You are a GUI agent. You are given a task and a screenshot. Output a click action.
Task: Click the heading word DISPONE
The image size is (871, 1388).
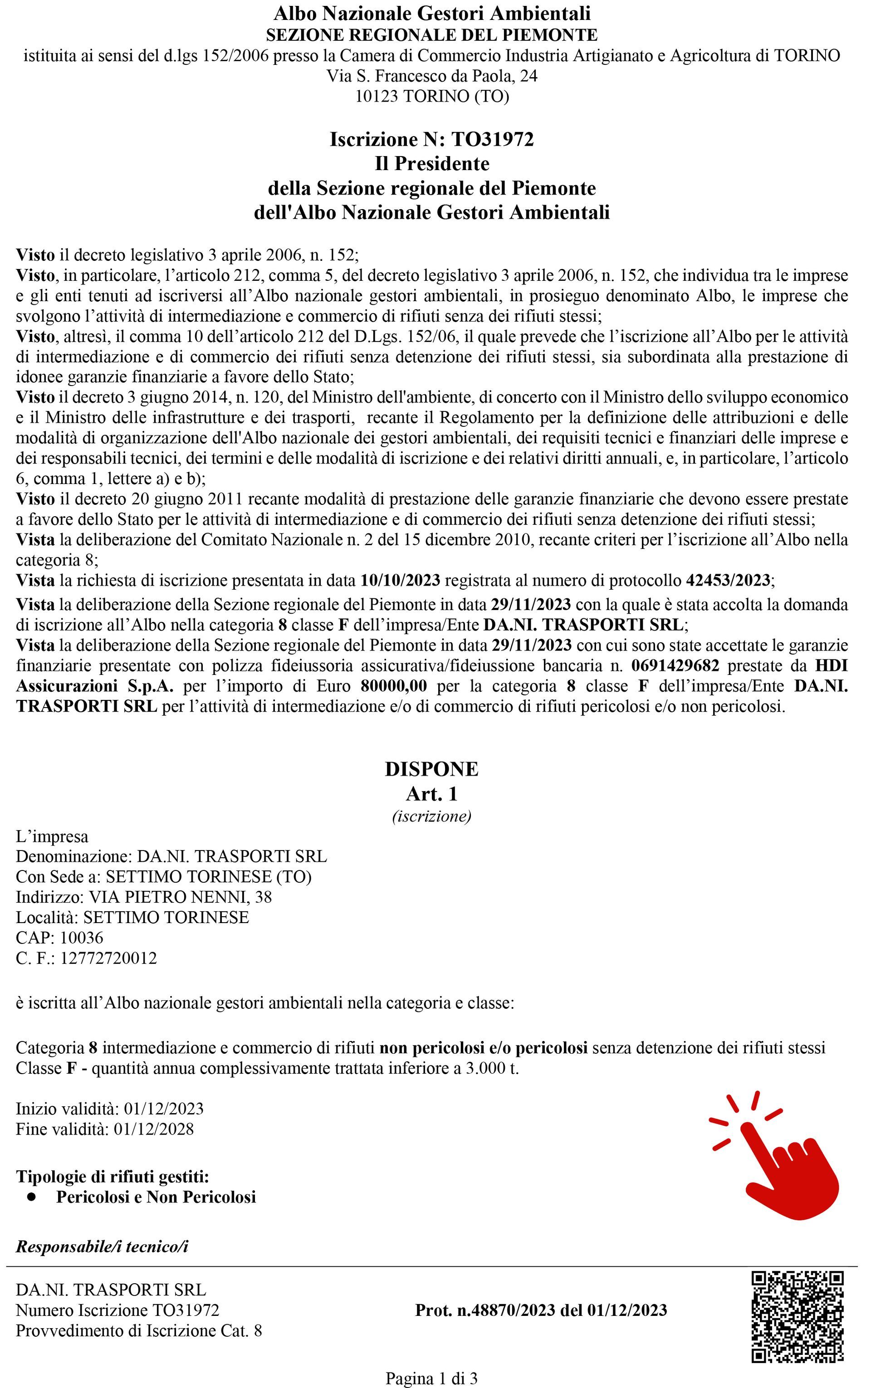(431, 769)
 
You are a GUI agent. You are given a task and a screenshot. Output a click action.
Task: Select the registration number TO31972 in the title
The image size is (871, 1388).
(493, 139)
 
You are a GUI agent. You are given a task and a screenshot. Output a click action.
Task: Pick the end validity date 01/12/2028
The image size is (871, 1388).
(154, 1129)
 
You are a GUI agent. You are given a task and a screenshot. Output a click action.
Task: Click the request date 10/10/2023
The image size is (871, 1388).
(401, 580)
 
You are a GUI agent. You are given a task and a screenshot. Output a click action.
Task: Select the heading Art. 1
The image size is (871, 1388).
(431, 794)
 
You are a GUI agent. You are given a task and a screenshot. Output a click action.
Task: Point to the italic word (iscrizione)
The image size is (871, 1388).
(431, 816)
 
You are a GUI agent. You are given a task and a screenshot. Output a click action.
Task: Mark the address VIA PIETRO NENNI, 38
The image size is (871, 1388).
(180, 897)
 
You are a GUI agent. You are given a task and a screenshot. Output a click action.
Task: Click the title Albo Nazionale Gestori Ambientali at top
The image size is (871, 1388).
(431, 13)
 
